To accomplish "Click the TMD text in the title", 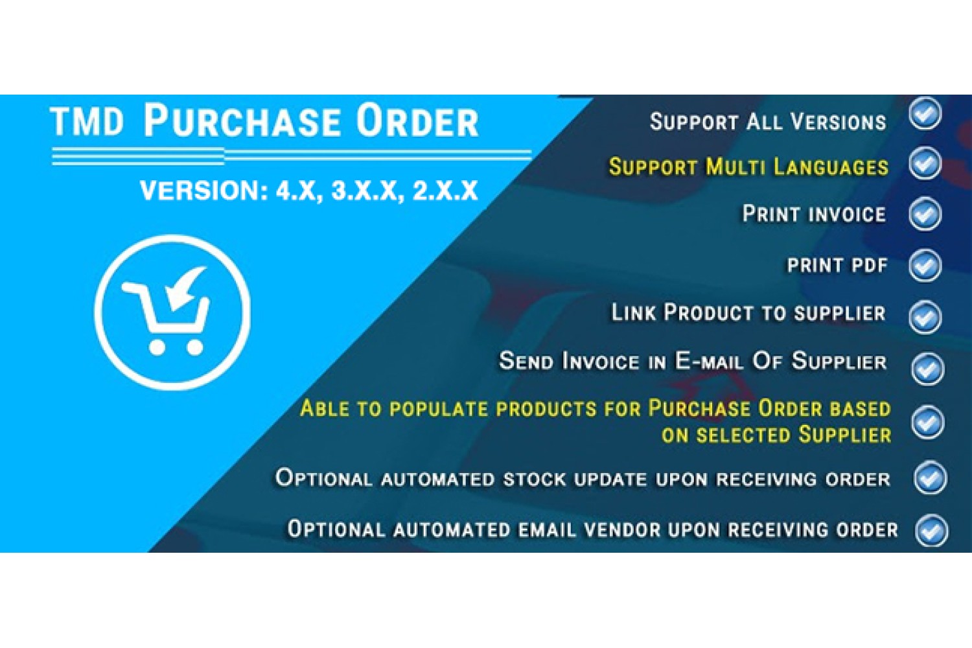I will [x=87, y=122].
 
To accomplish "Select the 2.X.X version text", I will [x=445, y=191].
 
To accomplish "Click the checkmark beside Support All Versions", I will [x=925, y=113].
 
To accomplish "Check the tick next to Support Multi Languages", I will [x=925, y=163].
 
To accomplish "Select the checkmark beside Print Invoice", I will [x=925, y=214].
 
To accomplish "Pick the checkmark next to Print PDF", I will [x=925, y=265].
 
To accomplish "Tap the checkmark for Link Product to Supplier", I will [x=925, y=317].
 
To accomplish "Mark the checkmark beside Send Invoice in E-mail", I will [x=927, y=369].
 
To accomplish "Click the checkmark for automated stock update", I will [x=930, y=478].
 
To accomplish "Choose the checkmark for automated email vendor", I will [x=931, y=530].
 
